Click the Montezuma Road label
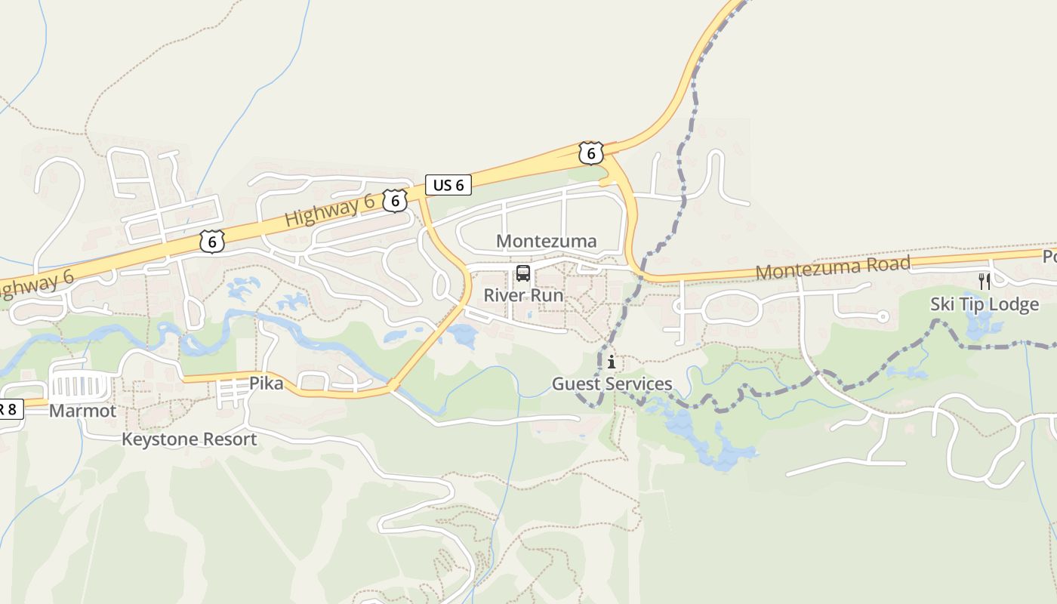tap(833, 267)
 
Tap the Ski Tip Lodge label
tap(985, 304)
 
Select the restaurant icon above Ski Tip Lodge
tap(985, 282)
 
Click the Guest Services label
tap(612, 384)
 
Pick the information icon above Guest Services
tap(611, 362)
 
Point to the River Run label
tap(523, 294)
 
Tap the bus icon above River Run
tap(523, 273)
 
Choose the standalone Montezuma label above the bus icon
tap(547, 241)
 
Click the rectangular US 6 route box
tap(448, 185)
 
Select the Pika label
tap(267, 384)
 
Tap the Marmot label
tap(83, 411)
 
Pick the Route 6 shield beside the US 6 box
tap(395, 201)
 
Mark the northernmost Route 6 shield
tap(590, 153)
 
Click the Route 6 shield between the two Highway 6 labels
tap(213, 242)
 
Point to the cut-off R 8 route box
tap(11, 410)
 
